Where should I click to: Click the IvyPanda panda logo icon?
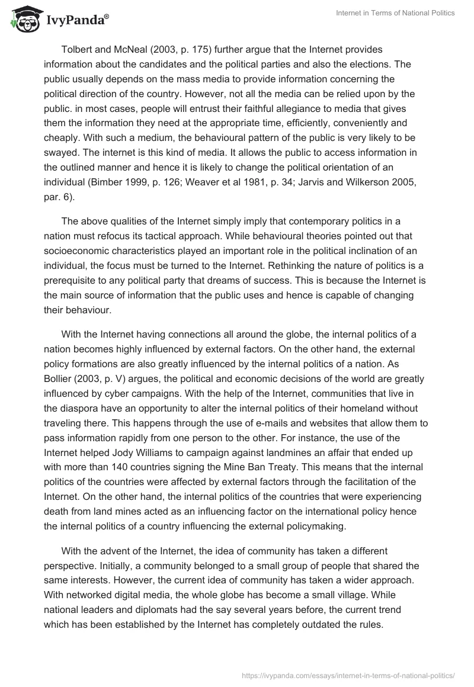click(x=23, y=21)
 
